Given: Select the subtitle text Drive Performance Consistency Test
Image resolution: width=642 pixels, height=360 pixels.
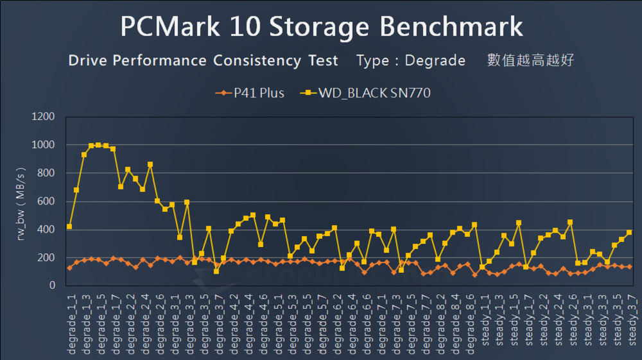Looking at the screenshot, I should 203,61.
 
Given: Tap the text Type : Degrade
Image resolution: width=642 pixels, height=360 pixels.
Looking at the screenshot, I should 411,61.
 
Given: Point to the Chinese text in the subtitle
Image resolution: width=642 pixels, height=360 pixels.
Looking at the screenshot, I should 530,61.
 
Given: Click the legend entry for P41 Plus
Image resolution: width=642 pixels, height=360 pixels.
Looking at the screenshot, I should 250,93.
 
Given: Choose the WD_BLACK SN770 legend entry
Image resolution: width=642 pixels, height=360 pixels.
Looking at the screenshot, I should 365,93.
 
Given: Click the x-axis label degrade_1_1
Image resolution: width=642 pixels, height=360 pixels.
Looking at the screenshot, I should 70,320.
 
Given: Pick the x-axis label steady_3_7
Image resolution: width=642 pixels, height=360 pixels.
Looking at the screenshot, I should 629,320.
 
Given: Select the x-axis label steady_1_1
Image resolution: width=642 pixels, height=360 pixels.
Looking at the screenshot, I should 483,320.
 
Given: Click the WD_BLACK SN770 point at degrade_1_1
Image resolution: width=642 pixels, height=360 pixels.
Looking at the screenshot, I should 69,227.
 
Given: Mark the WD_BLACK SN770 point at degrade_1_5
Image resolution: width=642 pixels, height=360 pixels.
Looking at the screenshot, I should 98,145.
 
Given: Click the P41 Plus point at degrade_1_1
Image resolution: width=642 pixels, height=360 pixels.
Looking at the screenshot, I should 69,268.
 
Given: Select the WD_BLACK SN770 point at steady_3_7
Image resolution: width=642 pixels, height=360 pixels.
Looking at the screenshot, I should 629,232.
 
